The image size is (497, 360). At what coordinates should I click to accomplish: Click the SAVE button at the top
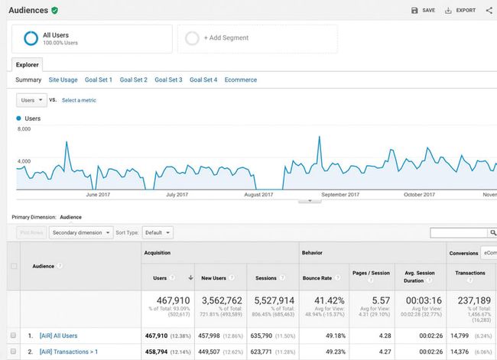click(423, 11)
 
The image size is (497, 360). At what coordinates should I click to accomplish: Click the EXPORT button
click(460, 11)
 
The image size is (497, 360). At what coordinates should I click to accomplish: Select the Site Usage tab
click(63, 79)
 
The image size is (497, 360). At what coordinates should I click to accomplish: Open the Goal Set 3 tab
click(168, 79)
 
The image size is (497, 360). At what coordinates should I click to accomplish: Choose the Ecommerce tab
click(241, 79)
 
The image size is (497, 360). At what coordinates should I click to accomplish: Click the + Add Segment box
click(257, 38)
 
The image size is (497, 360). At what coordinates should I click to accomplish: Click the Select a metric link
click(79, 100)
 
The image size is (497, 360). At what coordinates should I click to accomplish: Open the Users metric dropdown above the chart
click(31, 100)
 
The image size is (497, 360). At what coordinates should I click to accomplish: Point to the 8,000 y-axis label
click(24, 129)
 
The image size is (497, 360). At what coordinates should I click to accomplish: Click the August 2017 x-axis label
click(258, 195)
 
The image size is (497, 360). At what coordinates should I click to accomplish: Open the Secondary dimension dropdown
click(80, 232)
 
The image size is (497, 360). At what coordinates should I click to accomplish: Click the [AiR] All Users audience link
click(53, 336)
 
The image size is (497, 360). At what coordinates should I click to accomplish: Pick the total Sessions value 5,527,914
click(271, 301)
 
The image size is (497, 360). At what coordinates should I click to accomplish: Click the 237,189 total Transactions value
click(474, 301)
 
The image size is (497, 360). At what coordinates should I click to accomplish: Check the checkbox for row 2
click(13, 352)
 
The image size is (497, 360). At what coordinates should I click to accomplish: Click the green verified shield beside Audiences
click(54, 11)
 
